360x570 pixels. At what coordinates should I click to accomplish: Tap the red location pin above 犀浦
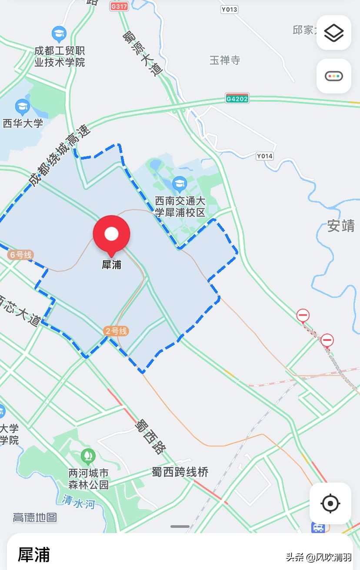coord(112,234)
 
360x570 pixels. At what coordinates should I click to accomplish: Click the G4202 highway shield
coord(237,98)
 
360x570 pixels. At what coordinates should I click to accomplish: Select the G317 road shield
coord(119,7)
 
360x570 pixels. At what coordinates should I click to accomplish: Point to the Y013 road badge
coord(229,9)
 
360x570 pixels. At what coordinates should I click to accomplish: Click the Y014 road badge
coord(264,156)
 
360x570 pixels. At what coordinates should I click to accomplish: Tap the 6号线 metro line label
coord(20,255)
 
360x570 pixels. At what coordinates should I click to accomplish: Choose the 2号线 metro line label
coord(117,331)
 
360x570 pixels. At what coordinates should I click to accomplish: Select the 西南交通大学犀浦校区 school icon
coord(180,184)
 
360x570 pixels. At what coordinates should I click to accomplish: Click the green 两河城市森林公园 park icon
coord(88,456)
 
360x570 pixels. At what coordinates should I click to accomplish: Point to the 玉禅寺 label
coord(225,60)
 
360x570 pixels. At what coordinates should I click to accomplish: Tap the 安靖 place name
coord(341,226)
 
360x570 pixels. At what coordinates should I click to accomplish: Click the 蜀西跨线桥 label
coord(180,472)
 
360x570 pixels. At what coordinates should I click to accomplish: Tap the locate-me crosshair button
coord(330,503)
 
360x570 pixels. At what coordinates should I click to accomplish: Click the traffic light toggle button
coord(334,77)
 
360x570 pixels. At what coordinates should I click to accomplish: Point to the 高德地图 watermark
coord(35,517)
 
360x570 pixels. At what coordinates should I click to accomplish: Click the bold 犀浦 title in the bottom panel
coord(34,555)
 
